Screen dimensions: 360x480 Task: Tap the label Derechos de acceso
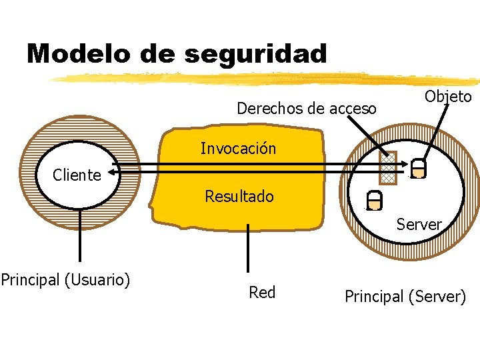(x=307, y=108)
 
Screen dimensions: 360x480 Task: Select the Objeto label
(x=448, y=97)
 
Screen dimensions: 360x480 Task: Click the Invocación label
(x=238, y=148)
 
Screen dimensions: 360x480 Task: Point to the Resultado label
(x=239, y=197)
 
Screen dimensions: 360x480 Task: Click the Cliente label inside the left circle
(x=77, y=175)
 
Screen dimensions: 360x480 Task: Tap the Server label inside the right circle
(x=419, y=225)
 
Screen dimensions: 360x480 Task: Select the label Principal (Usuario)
(x=65, y=279)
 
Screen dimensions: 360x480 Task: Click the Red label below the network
(x=262, y=292)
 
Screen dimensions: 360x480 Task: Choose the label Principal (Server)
(x=405, y=297)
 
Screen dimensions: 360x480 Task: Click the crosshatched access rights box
(x=387, y=168)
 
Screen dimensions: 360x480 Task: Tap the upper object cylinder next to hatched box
(x=418, y=169)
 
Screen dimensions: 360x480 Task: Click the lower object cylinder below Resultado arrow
(x=375, y=200)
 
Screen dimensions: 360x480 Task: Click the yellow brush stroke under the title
(x=267, y=78)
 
